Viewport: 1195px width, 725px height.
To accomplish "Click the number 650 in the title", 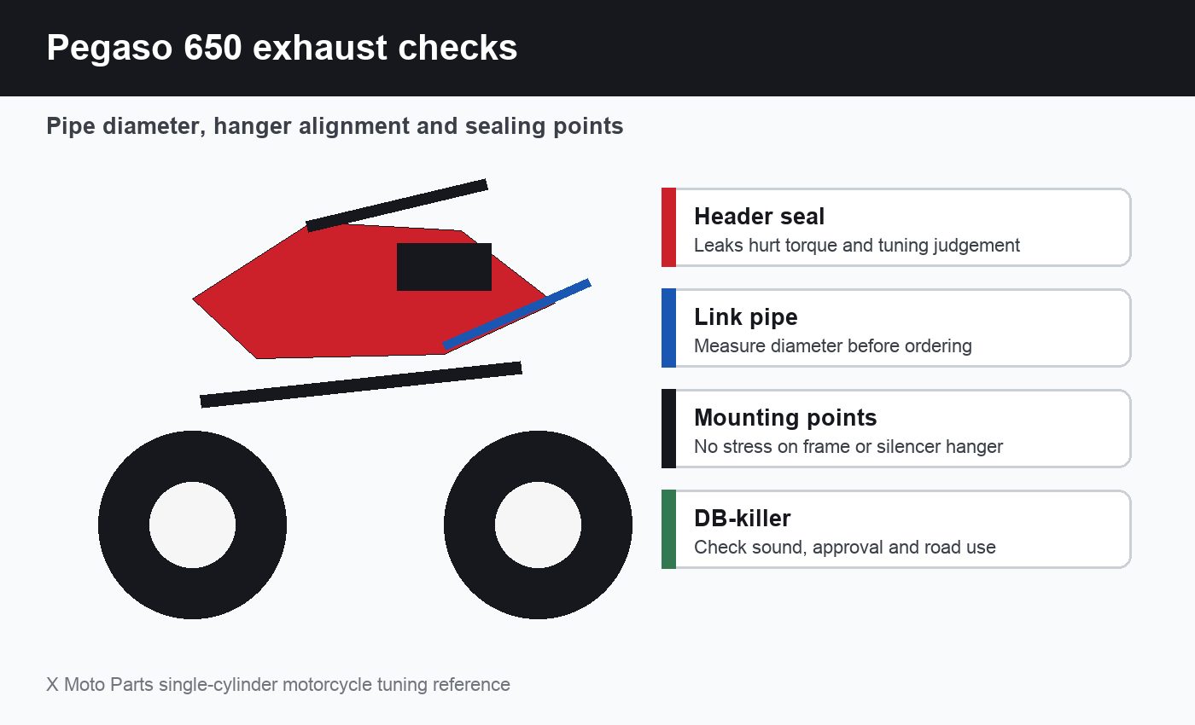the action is pyautogui.click(x=213, y=48).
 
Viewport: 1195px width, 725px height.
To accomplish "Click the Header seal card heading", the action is pyautogui.click(x=759, y=217).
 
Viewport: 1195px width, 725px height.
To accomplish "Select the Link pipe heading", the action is pyautogui.click(x=746, y=317).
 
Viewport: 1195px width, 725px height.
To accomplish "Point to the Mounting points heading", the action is pyautogui.click(x=785, y=418).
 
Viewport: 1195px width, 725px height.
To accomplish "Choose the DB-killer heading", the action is pyautogui.click(x=742, y=519).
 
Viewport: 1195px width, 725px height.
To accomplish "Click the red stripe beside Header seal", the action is pyautogui.click(x=668, y=227).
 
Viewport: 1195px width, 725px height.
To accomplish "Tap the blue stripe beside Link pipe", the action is pyautogui.click(x=668, y=328).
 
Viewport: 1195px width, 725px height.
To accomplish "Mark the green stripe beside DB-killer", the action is pyautogui.click(x=668, y=530).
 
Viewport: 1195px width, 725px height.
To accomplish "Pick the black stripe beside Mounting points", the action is pyautogui.click(x=668, y=428).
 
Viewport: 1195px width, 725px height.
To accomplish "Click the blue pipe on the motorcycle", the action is pyautogui.click(x=517, y=315).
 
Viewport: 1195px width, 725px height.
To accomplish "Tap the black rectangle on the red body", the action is pyautogui.click(x=444, y=267).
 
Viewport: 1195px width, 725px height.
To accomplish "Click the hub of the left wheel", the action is pyautogui.click(x=193, y=525).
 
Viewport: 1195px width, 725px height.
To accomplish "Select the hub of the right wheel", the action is pyautogui.click(x=538, y=525).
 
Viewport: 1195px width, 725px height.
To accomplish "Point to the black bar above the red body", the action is pyautogui.click(x=397, y=206).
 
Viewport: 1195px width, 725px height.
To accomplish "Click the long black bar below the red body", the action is pyautogui.click(x=361, y=385).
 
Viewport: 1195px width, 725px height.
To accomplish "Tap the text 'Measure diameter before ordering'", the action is pyautogui.click(x=833, y=346).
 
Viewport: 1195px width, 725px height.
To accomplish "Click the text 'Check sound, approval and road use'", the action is pyautogui.click(x=844, y=548).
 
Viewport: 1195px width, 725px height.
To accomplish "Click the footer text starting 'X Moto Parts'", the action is pyautogui.click(x=278, y=684).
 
